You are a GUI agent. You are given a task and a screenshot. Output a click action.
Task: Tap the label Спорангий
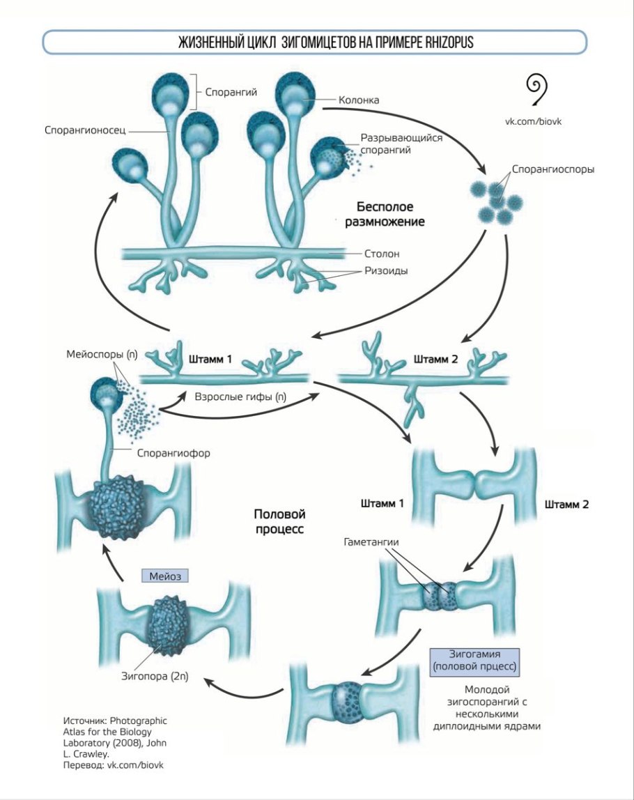click(226, 91)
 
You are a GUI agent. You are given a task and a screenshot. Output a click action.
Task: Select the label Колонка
click(359, 100)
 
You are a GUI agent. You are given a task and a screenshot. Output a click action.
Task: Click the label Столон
click(382, 254)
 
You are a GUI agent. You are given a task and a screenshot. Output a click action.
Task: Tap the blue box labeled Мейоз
click(165, 576)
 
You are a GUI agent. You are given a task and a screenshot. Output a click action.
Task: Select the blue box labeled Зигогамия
click(477, 658)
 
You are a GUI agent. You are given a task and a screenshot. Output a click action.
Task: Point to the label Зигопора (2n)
click(155, 675)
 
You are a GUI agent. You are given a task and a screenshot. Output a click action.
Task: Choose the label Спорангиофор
click(173, 452)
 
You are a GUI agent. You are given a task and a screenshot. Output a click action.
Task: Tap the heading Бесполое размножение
click(385, 215)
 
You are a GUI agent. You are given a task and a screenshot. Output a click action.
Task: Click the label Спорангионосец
click(84, 130)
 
